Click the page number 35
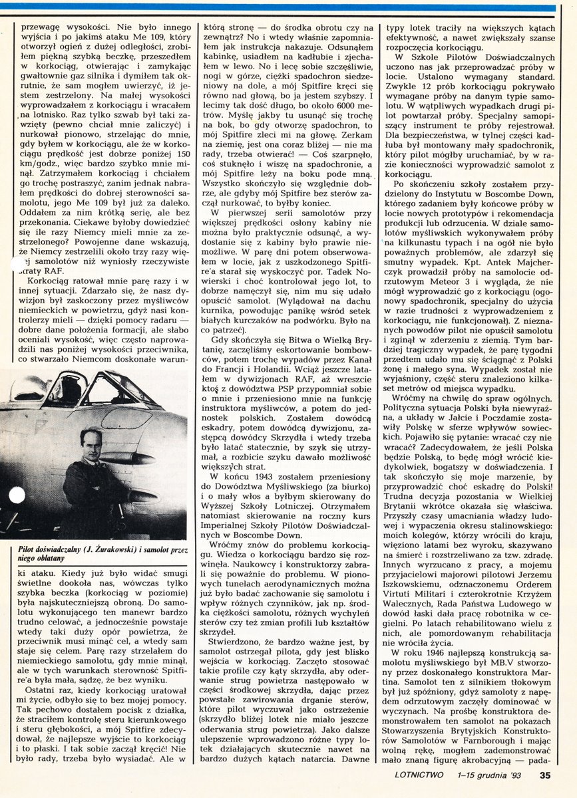[545, 774]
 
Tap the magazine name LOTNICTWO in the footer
[410, 774]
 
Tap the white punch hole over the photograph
[17, 495]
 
